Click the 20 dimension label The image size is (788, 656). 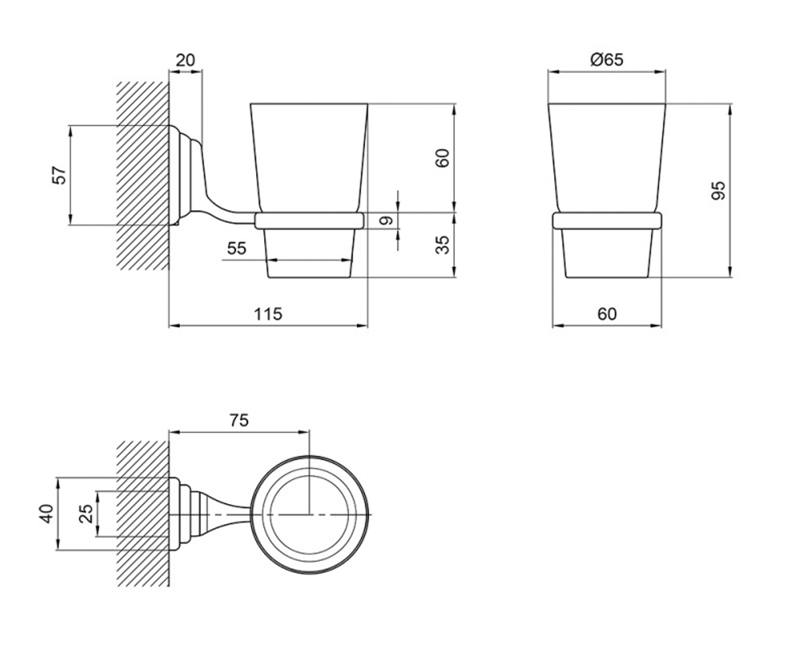pos(185,60)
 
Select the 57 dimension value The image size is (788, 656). pos(59,175)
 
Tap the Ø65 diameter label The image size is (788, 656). pos(607,60)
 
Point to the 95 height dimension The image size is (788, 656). pos(718,190)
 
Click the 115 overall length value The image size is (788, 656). pos(268,314)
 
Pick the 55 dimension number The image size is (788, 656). pos(236,249)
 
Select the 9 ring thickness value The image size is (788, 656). pos(386,220)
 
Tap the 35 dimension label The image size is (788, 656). pos(443,245)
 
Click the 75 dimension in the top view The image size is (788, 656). pos(239,420)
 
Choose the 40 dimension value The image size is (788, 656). pos(47,513)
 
